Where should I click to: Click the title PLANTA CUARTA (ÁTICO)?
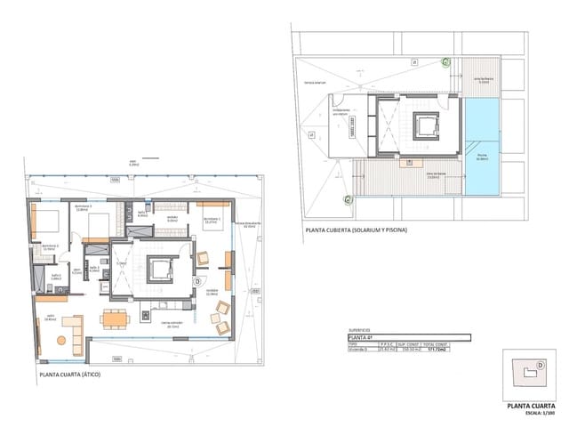(x=70, y=375)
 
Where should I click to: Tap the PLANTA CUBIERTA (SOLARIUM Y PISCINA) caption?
(x=356, y=230)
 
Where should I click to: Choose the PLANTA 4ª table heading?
(x=360, y=338)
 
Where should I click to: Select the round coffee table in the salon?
(x=61, y=340)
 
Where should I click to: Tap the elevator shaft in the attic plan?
(x=160, y=268)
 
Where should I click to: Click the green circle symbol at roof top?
(x=445, y=61)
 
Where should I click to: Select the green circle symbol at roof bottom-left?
(x=349, y=200)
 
